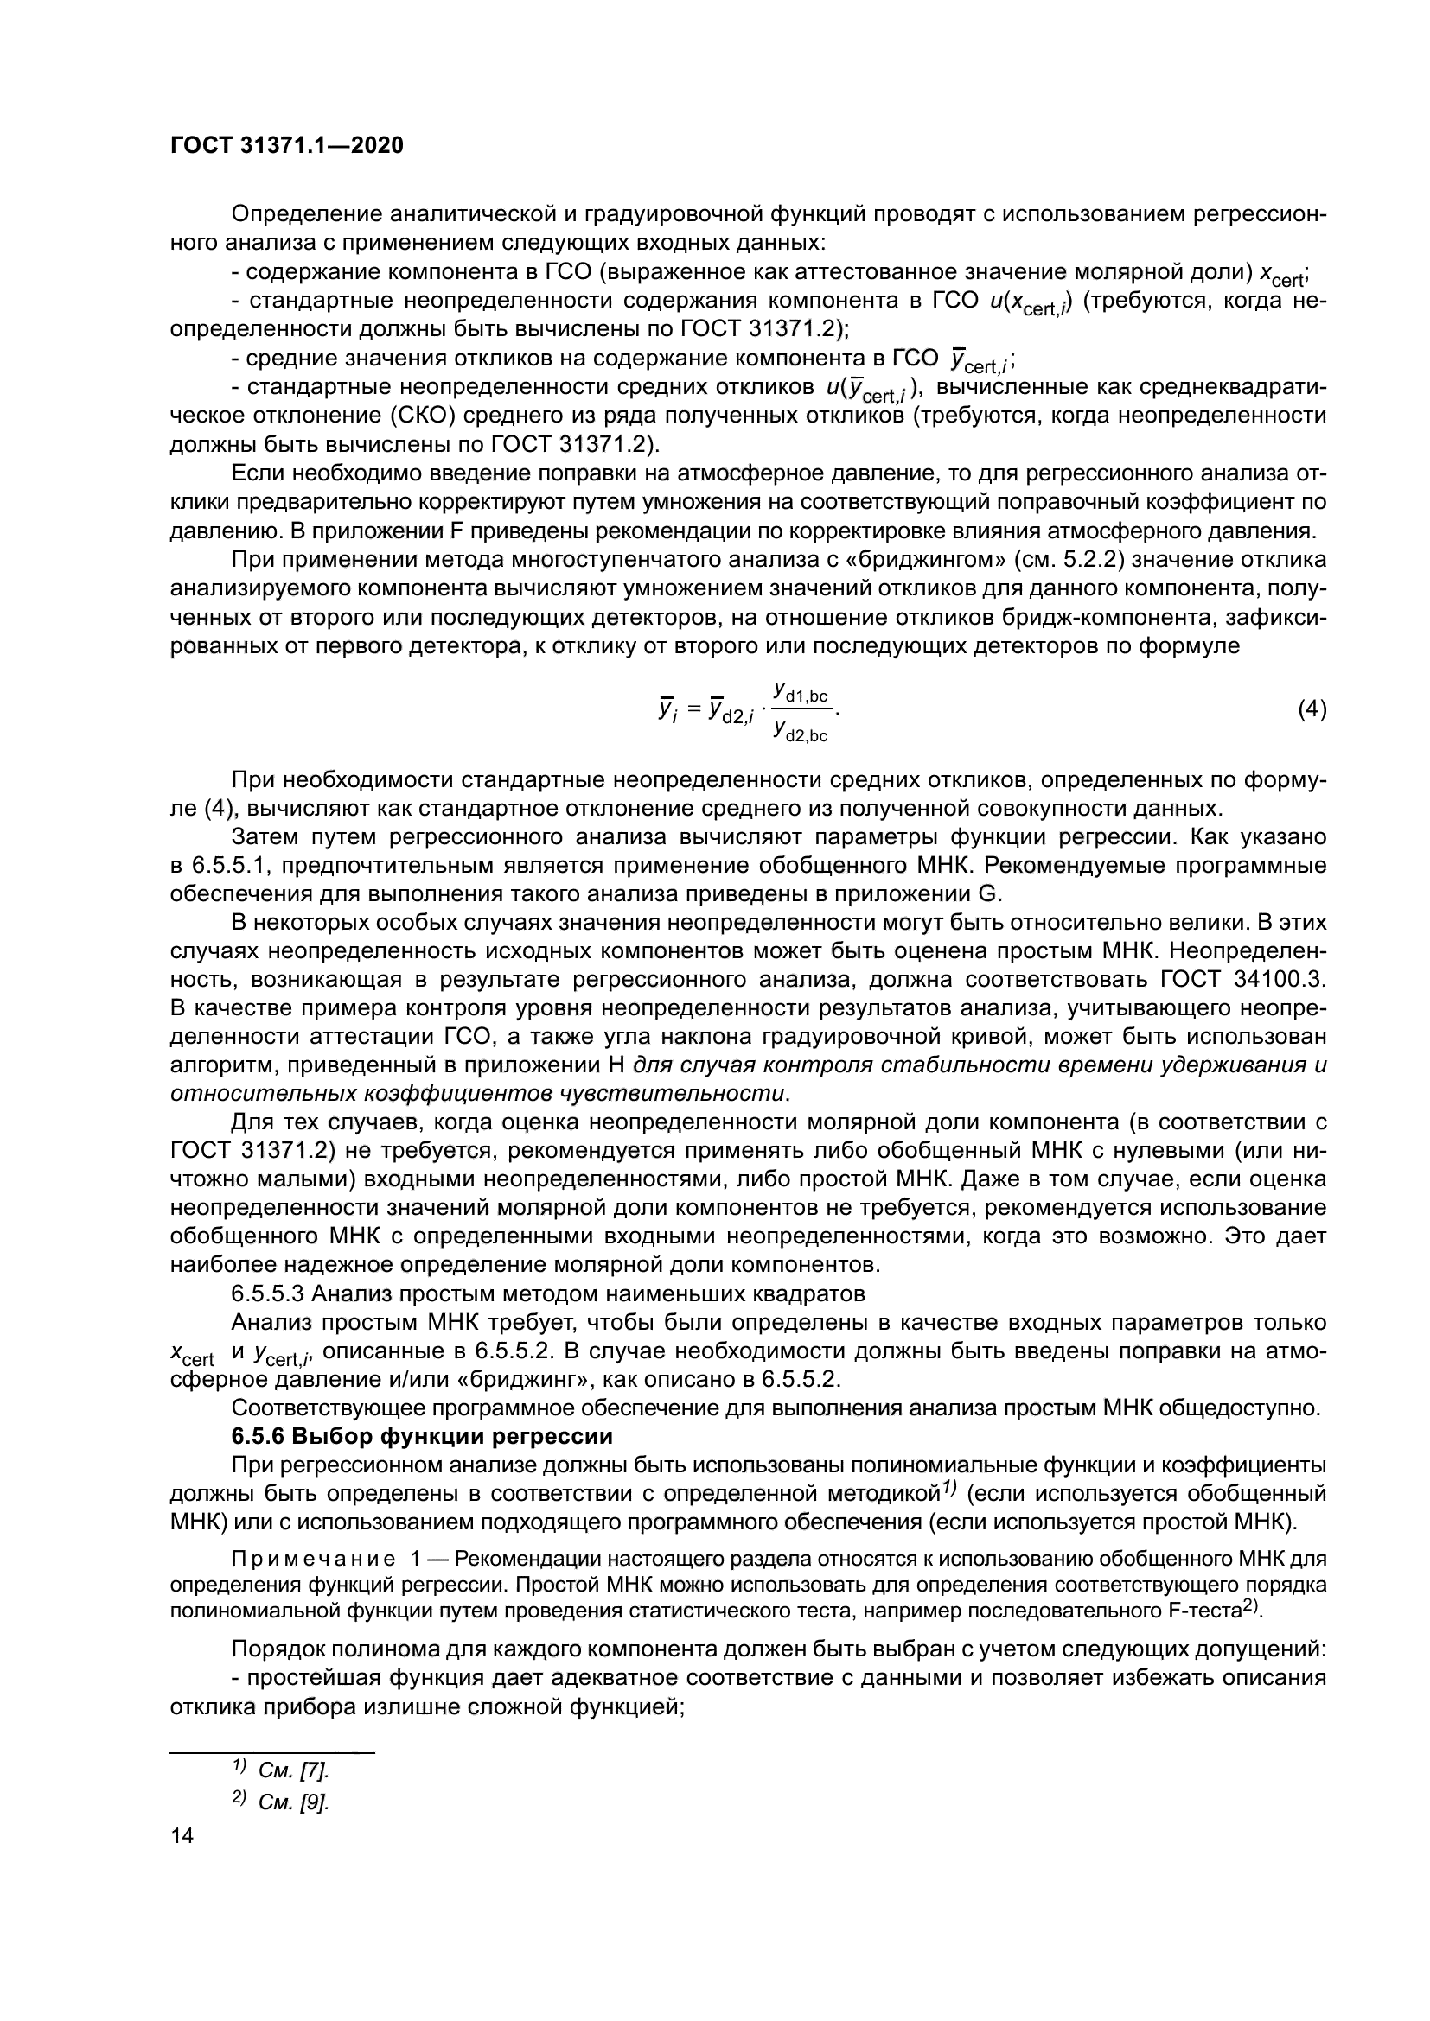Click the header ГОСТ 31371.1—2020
[x=286, y=146]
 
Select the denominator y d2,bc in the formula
[x=801, y=731]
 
